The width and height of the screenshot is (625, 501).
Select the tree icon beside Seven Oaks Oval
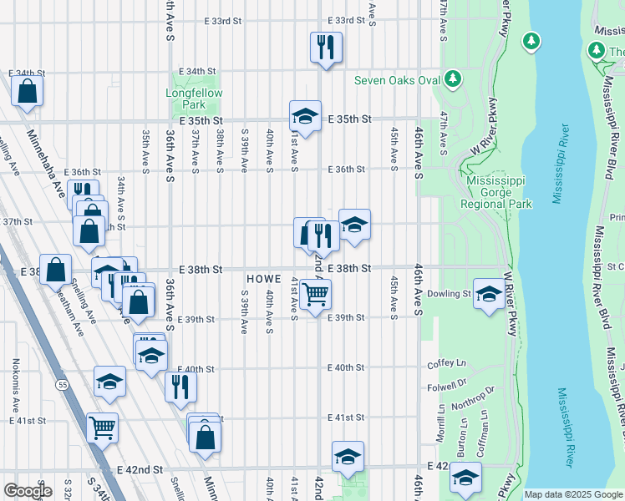click(452, 78)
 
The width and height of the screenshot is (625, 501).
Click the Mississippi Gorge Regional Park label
click(499, 192)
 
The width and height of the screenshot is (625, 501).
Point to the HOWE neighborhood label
click(262, 277)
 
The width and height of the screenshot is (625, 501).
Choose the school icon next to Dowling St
click(489, 293)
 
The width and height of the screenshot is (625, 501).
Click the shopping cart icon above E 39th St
click(316, 294)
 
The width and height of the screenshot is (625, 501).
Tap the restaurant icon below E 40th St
click(180, 386)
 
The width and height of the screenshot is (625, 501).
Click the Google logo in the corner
click(28, 491)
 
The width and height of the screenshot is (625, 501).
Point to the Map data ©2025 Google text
click(572, 494)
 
